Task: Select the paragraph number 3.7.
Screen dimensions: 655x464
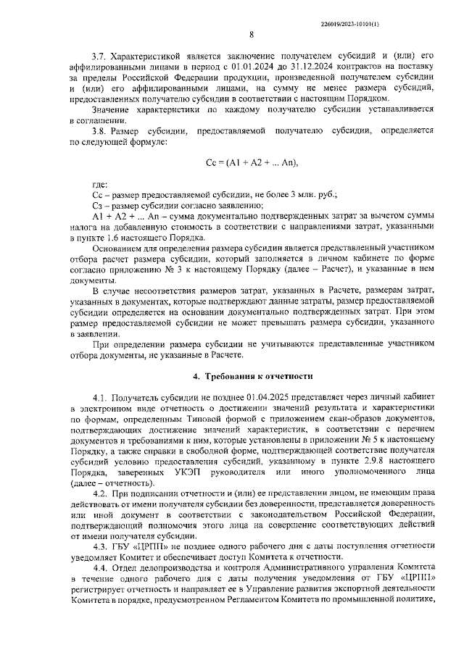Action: tap(99, 55)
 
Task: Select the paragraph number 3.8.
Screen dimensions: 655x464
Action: tap(99, 131)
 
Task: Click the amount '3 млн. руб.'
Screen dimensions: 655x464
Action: tap(312, 196)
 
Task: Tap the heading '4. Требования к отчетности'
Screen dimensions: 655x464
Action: tap(252, 377)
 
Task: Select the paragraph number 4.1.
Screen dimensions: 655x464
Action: tap(99, 398)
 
